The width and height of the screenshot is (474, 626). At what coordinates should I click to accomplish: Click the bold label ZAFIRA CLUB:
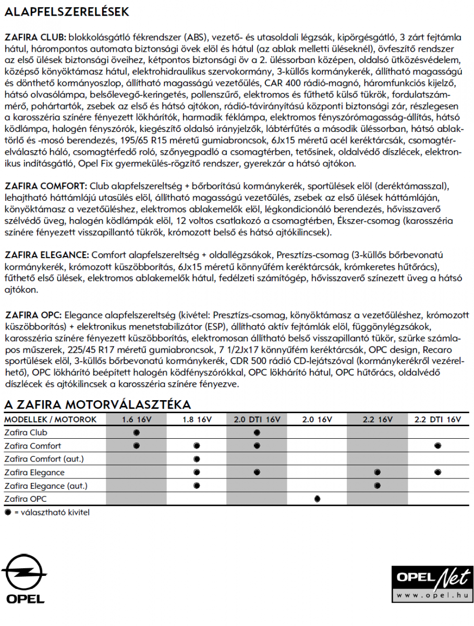tap(35, 38)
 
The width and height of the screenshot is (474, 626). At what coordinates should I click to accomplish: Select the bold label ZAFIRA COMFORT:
tap(45, 186)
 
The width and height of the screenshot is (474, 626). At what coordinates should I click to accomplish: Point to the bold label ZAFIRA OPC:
tap(33, 315)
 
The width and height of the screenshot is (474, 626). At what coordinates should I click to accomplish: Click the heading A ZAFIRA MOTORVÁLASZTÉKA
tap(98, 405)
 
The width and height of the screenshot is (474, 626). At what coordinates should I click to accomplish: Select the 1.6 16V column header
tap(136, 419)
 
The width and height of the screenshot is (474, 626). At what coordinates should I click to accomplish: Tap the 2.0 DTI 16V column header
tap(257, 419)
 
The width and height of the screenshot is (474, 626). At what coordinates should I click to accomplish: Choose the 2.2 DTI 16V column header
tap(437, 419)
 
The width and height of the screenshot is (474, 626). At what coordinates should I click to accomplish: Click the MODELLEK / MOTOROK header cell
tap(50, 419)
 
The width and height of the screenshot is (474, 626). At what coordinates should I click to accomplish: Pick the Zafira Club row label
tap(26, 432)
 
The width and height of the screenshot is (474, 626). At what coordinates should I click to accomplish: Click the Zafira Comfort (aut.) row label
tap(44, 459)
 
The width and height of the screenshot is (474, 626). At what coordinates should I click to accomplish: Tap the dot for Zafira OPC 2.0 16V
tap(317, 499)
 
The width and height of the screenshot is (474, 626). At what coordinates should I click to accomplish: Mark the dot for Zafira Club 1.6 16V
tap(137, 432)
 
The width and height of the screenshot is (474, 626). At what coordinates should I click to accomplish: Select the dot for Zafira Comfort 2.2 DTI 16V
tap(437, 446)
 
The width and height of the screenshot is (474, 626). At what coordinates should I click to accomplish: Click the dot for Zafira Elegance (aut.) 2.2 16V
tap(377, 486)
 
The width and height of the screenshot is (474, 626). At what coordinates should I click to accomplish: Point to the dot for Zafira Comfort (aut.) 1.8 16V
tap(197, 459)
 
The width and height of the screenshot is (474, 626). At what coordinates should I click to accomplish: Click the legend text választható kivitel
tap(52, 512)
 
